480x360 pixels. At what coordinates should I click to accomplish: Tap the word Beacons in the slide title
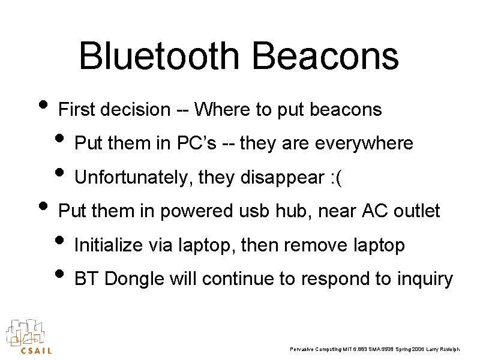pos(325,56)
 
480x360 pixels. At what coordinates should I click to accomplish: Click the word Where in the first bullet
pos(223,110)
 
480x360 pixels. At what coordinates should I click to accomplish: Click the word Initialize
pos(107,245)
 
